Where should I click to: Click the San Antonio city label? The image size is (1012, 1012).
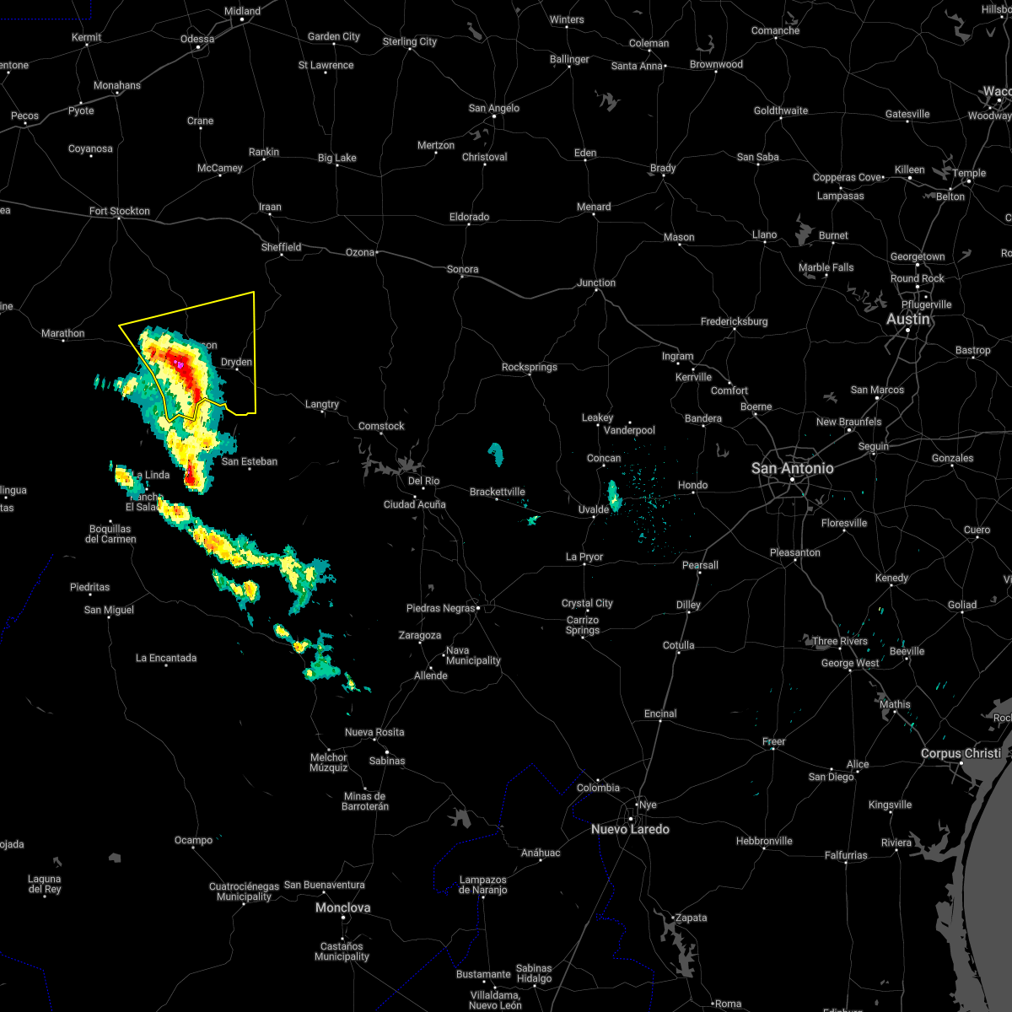[x=792, y=468]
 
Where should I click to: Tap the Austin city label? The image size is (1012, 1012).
[x=908, y=319]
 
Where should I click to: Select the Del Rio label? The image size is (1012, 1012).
[x=423, y=481]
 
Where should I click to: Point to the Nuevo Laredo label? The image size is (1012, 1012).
[x=630, y=829]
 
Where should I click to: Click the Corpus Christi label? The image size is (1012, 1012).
[x=961, y=753]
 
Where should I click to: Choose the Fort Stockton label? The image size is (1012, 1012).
[x=120, y=211]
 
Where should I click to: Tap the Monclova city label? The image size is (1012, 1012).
[x=342, y=907]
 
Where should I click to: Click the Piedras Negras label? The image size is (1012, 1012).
[x=440, y=608]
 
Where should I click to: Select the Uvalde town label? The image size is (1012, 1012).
[x=594, y=509]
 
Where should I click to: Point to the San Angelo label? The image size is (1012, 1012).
[x=494, y=108]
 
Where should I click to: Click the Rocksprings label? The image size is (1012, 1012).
[x=530, y=367]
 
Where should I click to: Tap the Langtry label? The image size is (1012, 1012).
[x=321, y=405]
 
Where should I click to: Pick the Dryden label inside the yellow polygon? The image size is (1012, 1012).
[x=236, y=362]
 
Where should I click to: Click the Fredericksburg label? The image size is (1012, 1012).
[x=734, y=321]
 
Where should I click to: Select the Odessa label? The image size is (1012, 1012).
[x=197, y=39]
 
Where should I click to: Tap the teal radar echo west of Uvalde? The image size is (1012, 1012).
[x=614, y=495]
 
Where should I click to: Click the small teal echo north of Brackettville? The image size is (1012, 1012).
[x=496, y=455]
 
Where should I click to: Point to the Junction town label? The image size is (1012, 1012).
[x=596, y=283]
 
